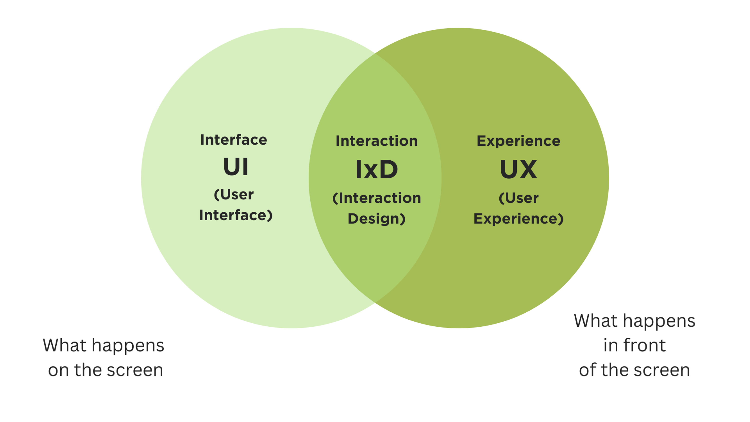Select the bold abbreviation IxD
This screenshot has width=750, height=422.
376,170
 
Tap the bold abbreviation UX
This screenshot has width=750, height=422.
519,170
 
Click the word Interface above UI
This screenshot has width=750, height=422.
234,140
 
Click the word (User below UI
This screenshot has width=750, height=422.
234,195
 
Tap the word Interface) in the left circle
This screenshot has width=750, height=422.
236,215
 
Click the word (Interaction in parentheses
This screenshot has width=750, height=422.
376,198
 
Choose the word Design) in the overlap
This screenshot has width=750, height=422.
376,219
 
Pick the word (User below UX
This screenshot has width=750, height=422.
519,198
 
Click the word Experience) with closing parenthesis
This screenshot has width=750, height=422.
519,219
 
